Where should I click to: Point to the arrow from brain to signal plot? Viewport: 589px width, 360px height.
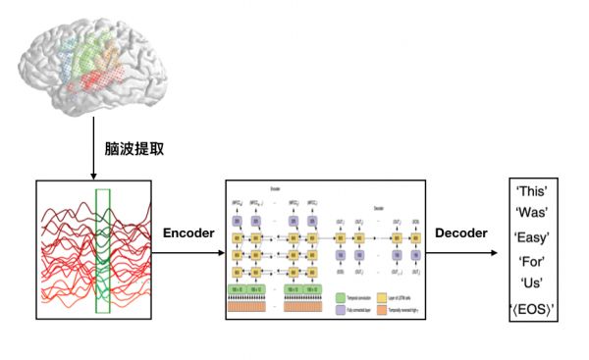94,147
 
